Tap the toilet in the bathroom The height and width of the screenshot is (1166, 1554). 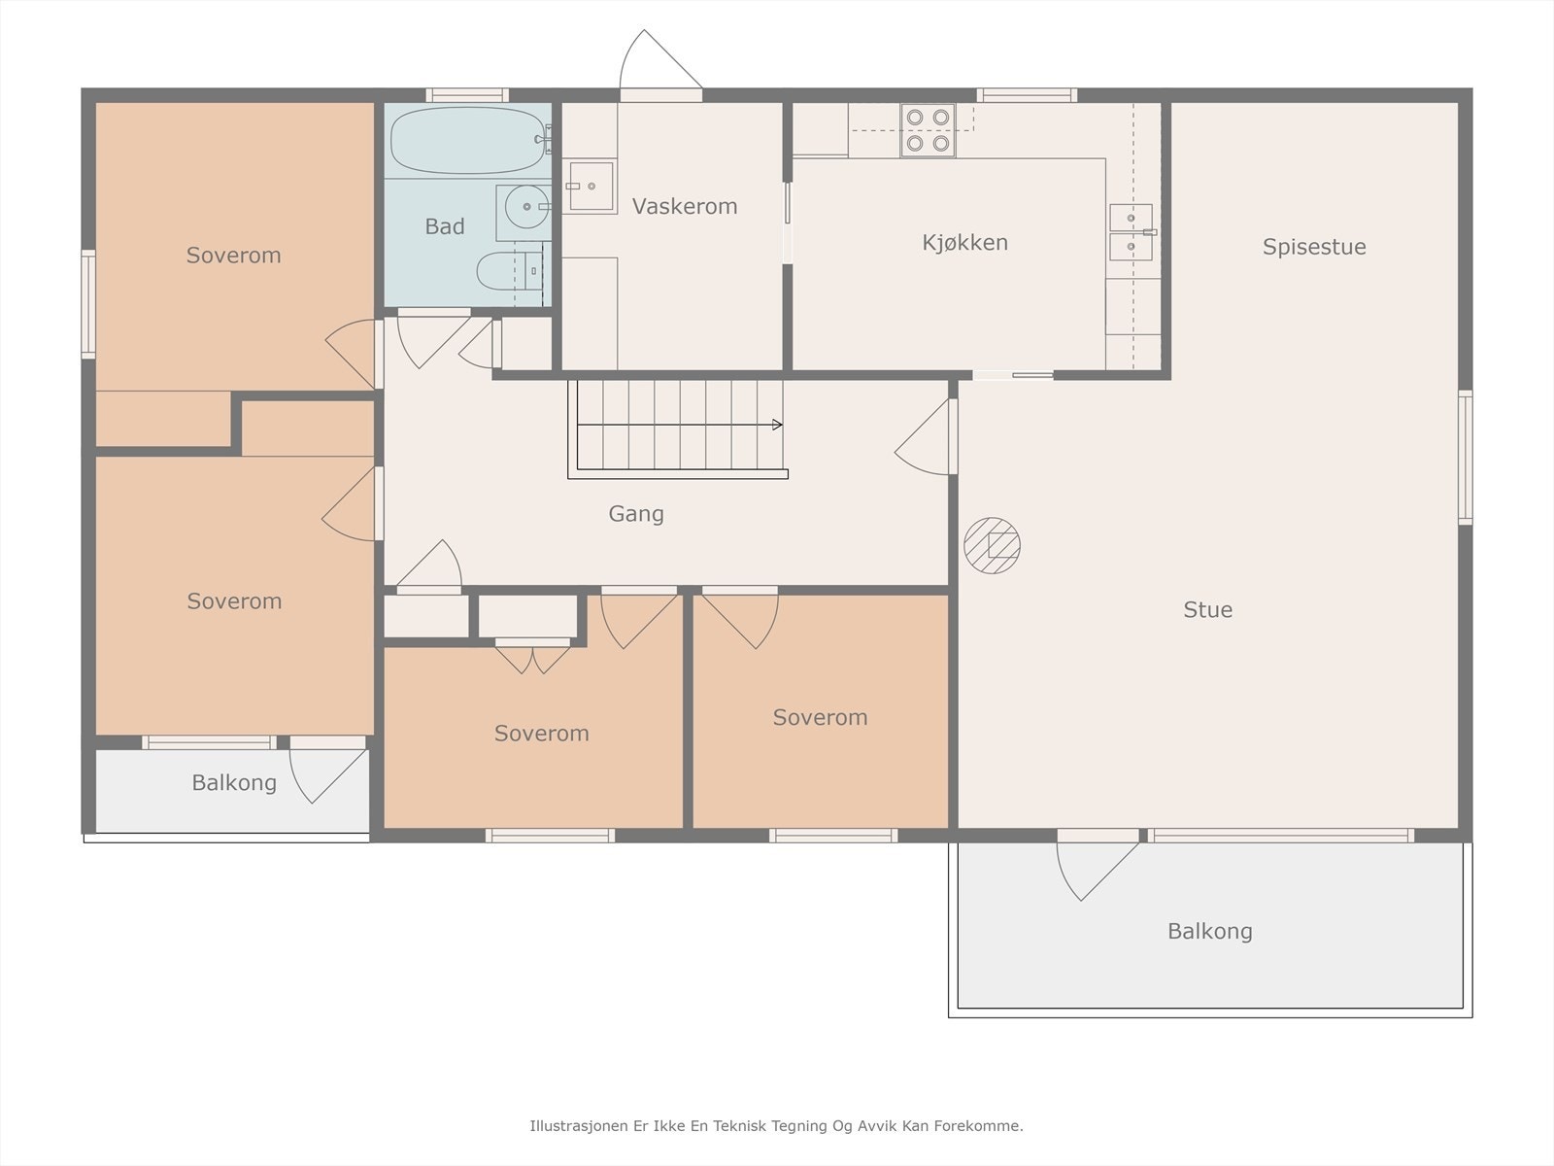click(x=508, y=271)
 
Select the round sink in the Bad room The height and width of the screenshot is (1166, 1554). click(x=526, y=207)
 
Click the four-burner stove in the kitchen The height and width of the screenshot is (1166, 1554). click(x=928, y=129)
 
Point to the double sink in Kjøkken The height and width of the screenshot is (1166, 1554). click(x=1132, y=232)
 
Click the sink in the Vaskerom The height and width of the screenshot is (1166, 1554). click(x=590, y=187)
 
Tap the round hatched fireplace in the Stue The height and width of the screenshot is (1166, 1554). click(x=992, y=545)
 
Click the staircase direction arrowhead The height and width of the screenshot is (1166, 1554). click(x=777, y=425)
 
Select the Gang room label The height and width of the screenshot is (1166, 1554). click(x=636, y=514)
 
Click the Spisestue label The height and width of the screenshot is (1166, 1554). click(x=1314, y=247)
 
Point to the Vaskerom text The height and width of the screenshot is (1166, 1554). click(x=685, y=206)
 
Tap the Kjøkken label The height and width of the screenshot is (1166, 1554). click(x=965, y=242)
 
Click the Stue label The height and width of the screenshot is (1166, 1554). click(x=1208, y=609)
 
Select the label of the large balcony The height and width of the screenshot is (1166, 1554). click(x=1210, y=931)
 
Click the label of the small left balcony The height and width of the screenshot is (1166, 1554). click(x=234, y=782)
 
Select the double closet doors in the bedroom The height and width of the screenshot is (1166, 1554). click(x=532, y=659)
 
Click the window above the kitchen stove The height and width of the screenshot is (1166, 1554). click(x=1027, y=95)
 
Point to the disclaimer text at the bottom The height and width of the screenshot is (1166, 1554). click(x=777, y=1125)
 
